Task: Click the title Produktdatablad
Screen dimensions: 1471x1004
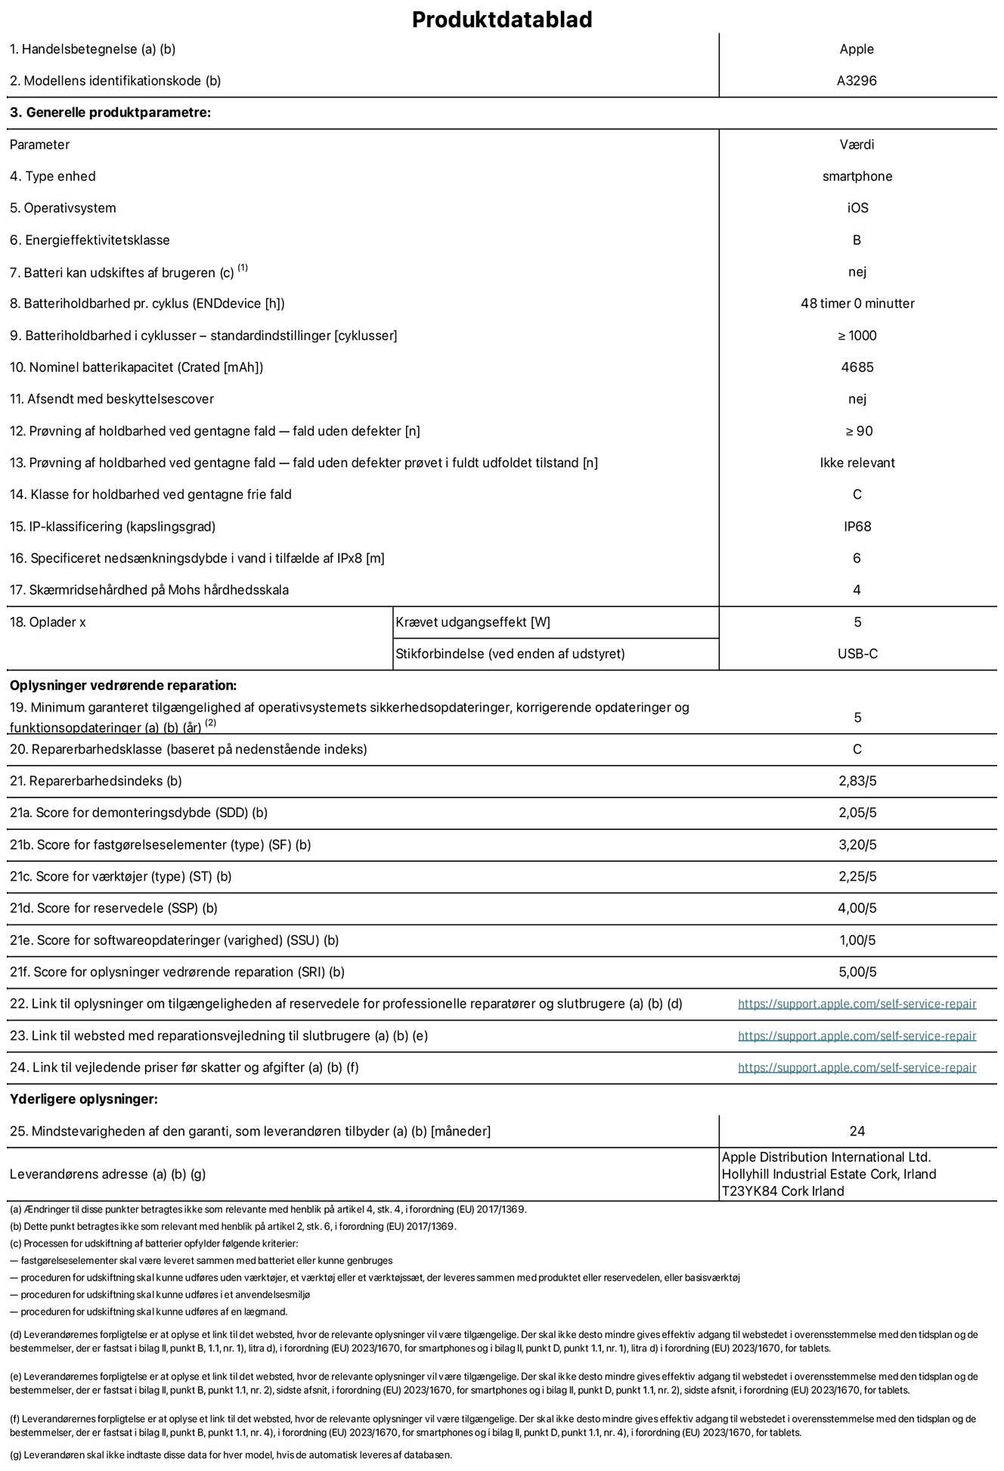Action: pyautogui.click(x=501, y=20)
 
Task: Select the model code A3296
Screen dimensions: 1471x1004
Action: pyautogui.click(x=857, y=81)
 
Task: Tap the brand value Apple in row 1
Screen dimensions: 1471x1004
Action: pyautogui.click(x=857, y=49)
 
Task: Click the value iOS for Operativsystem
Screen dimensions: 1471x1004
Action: pyautogui.click(x=857, y=208)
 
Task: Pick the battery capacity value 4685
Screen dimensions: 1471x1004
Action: pyautogui.click(x=857, y=367)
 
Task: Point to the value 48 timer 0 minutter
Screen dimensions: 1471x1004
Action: pyautogui.click(x=857, y=303)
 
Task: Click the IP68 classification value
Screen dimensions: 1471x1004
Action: pyautogui.click(x=857, y=526)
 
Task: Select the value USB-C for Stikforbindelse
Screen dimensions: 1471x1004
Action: pyautogui.click(x=857, y=654)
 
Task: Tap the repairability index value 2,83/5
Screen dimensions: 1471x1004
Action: pyautogui.click(x=857, y=781)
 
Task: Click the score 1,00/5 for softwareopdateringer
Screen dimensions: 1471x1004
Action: pyautogui.click(x=857, y=940)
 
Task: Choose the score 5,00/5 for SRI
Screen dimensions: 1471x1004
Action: pyautogui.click(x=857, y=972)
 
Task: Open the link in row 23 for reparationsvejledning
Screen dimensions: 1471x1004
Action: pyautogui.click(x=857, y=1036)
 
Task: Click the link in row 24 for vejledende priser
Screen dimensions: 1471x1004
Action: pyautogui.click(x=857, y=1067)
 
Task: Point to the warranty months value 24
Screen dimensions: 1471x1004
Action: pyautogui.click(x=857, y=1132)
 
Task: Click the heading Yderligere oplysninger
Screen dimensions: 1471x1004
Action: pyautogui.click(x=84, y=1099)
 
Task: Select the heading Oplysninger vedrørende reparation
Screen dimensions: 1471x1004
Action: pyautogui.click(x=123, y=686)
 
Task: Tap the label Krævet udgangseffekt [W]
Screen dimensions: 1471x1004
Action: pyautogui.click(x=473, y=622)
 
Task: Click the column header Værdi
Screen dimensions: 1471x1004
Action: pyautogui.click(x=857, y=144)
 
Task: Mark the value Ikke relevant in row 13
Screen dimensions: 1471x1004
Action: pyautogui.click(x=857, y=463)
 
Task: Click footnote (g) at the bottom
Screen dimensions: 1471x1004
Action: pyautogui.click(x=231, y=1454)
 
